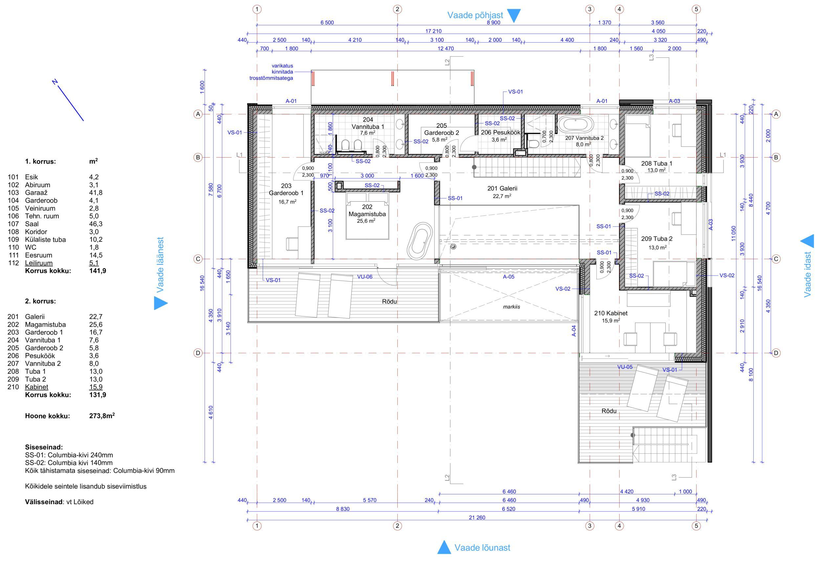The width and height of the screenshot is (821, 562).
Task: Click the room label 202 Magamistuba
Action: pos(367,211)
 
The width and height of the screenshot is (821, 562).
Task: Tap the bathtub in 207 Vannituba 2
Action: pos(576,125)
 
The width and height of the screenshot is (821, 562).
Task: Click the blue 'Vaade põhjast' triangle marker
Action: pos(514,16)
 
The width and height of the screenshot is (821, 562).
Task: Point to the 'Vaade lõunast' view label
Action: pos(482,548)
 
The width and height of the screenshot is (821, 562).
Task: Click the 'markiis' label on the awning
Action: pos(512,306)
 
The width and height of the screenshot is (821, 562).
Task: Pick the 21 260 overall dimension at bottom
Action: pos(477,517)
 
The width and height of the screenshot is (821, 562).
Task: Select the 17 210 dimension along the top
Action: pos(433,31)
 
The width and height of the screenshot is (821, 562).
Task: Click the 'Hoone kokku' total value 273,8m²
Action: pos(102,416)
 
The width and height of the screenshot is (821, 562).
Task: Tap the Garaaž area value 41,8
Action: pos(94,192)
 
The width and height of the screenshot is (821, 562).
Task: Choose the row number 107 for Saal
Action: pos(13,224)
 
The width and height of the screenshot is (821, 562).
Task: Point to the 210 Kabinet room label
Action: pos(611,313)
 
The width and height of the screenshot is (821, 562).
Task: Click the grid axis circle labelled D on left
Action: pos(198,353)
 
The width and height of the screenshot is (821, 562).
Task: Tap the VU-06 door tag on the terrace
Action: pos(365,277)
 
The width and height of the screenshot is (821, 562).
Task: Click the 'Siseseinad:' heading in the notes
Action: pos(44,447)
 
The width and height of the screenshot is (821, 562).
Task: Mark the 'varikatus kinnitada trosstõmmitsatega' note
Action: pos(271,72)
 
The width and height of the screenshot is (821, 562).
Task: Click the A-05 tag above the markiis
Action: pos(509,277)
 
